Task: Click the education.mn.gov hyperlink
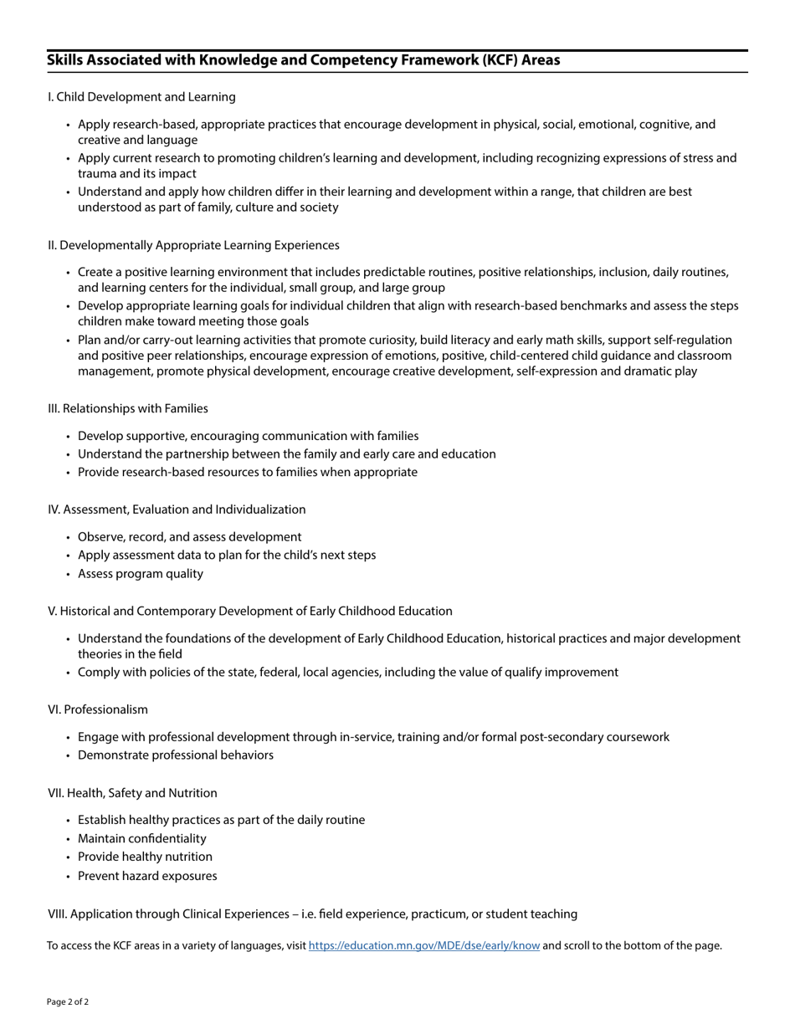tap(423, 946)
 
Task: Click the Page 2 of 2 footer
tap(68, 1001)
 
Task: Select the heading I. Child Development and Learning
tap(141, 97)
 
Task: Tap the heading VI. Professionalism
tap(98, 709)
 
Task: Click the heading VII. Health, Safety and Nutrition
tap(132, 793)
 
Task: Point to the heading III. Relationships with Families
tap(128, 408)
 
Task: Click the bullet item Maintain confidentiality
tap(141, 838)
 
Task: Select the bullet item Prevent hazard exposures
tap(147, 876)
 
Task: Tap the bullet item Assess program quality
tap(141, 574)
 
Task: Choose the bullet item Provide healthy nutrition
tap(145, 857)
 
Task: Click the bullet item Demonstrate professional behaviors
tap(176, 755)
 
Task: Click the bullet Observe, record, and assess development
tap(189, 537)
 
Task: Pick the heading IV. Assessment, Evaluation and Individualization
tap(177, 509)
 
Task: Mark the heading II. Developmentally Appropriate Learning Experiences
tap(193, 245)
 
